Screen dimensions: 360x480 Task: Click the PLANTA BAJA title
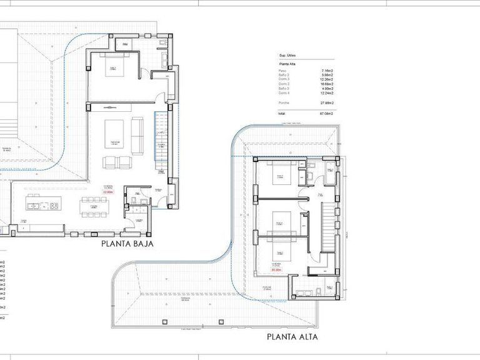(127, 244)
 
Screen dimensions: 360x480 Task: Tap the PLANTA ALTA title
(292, 337)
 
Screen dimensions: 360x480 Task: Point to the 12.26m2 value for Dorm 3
(326, 80)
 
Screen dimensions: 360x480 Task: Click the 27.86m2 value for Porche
(326, 102)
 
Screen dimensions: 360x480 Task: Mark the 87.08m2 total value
(326, 114)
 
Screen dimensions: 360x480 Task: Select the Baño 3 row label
(284, 89)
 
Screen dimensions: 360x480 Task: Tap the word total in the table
(282, 114)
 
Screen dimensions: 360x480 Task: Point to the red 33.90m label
(109, 192)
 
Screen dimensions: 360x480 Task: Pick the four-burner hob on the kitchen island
(54, 206)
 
